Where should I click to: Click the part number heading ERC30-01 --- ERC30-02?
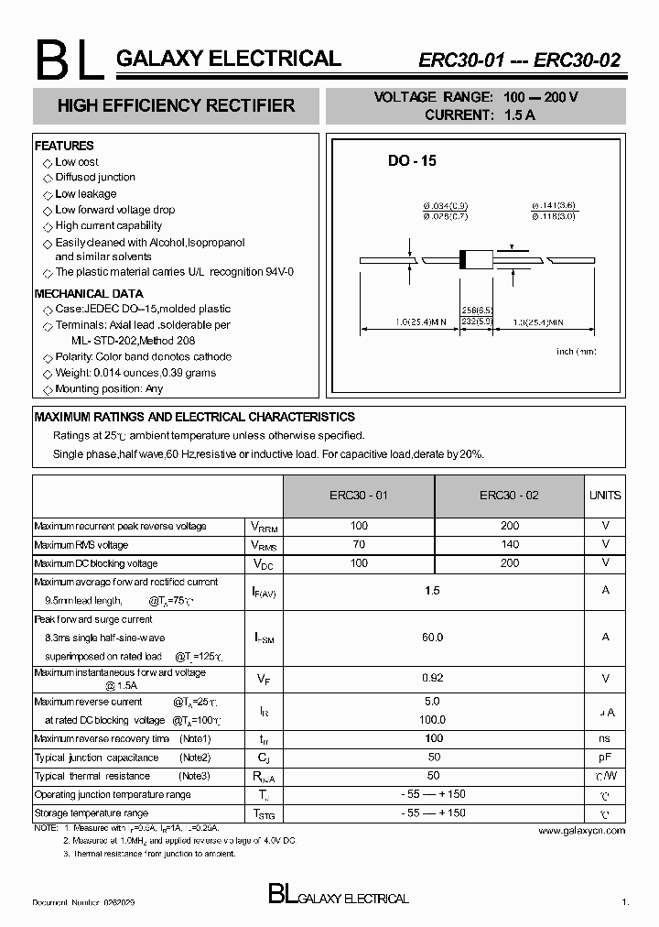tap(519, 61)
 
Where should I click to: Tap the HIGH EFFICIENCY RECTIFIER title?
tap(176, 106)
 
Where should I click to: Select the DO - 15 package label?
tap(412, 160)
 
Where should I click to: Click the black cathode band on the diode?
tap(462, 259)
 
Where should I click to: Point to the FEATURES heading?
tap(64, 146)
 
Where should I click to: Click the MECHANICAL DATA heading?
tap(89, 294)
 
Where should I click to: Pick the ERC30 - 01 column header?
tap(359, 496)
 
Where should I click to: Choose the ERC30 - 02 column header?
tap(510, 496)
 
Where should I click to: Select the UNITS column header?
tap(605, 496)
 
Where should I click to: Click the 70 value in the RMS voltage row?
tap(359, 544)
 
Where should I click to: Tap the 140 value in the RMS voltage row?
tap(510, 544)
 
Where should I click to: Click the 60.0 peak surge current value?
tap(433, 637)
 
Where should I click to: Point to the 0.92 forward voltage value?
tap(433, 678)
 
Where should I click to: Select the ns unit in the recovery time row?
tap(605, 738)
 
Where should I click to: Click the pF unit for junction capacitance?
tap(605, 758)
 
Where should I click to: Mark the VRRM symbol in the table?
tap(264, 527)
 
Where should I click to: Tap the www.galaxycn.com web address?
tap(581, 831)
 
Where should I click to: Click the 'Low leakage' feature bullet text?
tap(86, 194)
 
